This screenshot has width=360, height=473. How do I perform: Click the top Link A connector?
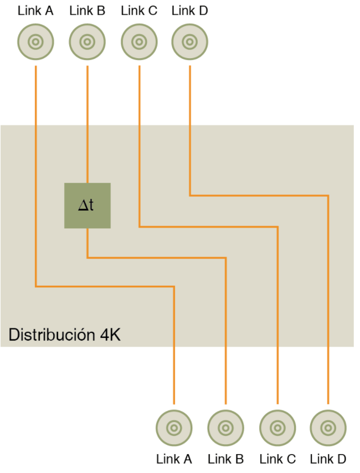pyautogui.click(x=35, y=42)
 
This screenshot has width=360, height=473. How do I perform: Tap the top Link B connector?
pyautogui.click(x=87, y=42)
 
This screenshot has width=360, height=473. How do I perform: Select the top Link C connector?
pyautogui.click(x=139, y=42)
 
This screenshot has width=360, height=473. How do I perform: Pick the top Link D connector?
pyautogui.click(x=189, y=42)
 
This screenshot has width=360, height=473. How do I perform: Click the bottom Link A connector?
pyautogui.click(x=174, y=428)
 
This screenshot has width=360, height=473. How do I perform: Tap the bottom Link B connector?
pyautogui.click(x=225, y=428)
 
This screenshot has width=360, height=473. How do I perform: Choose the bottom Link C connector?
pyautogui.click(x=277, y=428)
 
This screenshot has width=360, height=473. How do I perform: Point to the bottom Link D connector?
pyautogui.click(x=328, y=428)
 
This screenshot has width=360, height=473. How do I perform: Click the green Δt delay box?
pyautogui.click(x=87, y=205)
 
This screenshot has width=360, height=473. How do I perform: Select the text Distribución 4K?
pyautogui.click(x=64, y=335)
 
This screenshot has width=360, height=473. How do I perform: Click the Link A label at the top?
pyautogui.click(x=35, y=11)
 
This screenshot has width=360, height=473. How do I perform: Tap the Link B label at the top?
pyautogui.click(x=87, y=11)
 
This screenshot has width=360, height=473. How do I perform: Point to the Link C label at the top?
pyautogui.click(x=139, y=11)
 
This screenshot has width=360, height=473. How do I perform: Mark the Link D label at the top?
pyautogui.click(x=189, y=11)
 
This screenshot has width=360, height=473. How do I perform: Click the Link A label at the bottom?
pyautogui.click(x=174, y=459)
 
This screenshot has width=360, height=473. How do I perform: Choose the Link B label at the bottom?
pyautogui.click(x=225, y=459)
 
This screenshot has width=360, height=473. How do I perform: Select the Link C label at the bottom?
pyautogui.click(x=277, y=459)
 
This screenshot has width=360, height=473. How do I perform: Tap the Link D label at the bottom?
pyautogui.click(x=328, y=459)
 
